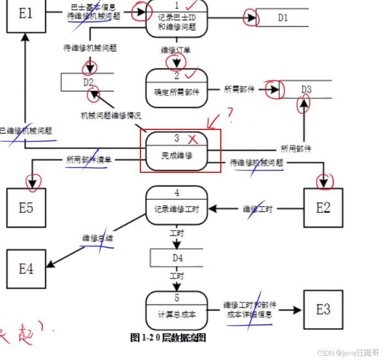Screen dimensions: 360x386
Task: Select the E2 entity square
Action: coord(323,208)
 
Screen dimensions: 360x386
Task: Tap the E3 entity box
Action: coord(323,309)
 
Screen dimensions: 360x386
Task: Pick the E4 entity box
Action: coord(26,268)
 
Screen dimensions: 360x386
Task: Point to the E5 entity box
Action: coord(26,208)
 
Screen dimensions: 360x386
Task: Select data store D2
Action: coord(88,82)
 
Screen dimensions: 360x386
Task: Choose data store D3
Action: coord(306,89)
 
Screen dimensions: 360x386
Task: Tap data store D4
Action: coord(177,257)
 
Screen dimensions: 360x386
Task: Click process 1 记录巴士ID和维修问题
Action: coord(177,19)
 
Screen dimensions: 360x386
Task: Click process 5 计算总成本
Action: coord(177,309)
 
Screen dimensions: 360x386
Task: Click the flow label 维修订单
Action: coord(176,50)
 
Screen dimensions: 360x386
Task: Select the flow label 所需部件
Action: coord(240,89)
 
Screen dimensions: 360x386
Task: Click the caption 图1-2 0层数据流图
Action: coord(168,337)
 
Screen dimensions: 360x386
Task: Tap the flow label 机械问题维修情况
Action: coord(111,116)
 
